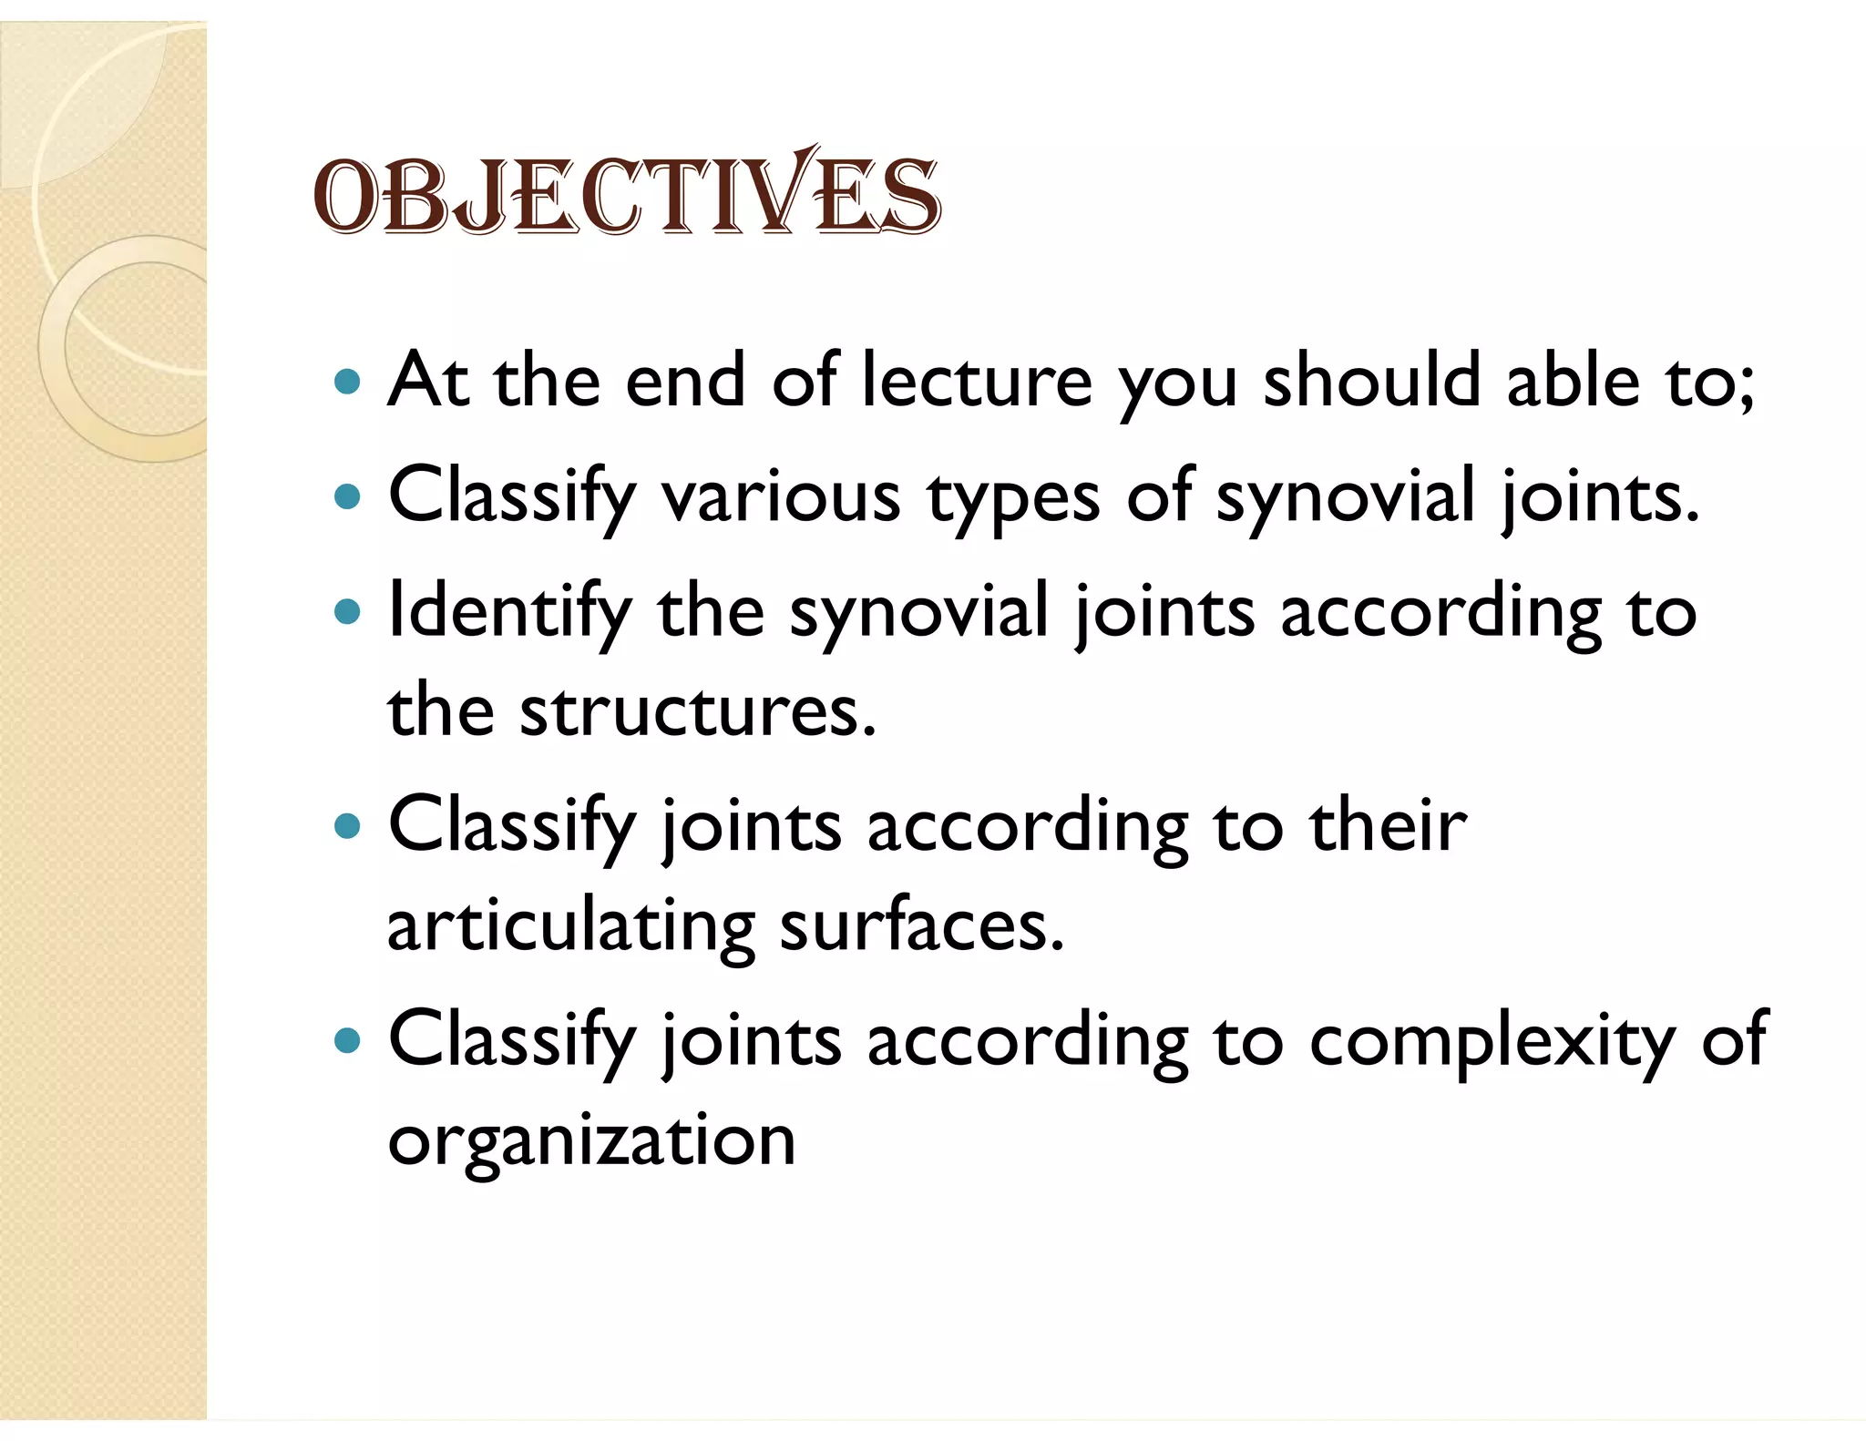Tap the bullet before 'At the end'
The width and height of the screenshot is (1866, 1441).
[x=348, y=381]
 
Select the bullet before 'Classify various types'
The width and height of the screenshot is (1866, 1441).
[x=348, y=496]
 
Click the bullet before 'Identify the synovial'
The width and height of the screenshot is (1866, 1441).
[x=348, y=611]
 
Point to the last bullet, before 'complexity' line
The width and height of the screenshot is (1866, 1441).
[x=348, y=1039]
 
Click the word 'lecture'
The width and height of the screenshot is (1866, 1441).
[x=976, y=381]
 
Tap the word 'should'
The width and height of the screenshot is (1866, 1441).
[x=1371, y=381]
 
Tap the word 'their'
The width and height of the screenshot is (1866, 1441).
[x=1388, y=825]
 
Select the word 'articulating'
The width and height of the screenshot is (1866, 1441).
[x=570, y=927]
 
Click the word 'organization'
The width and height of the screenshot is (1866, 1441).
[x=591, y=1142]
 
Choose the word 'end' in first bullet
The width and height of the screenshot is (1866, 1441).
[x=685, y=381]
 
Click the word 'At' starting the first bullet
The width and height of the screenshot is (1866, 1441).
[x=427, y=381]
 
